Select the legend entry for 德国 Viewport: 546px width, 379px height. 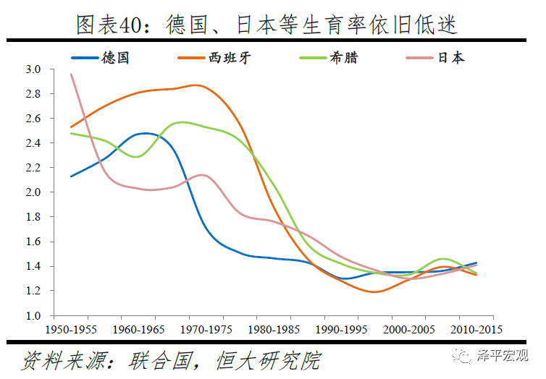click(115, 57)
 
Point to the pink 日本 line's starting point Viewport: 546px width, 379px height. click(70, 74)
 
